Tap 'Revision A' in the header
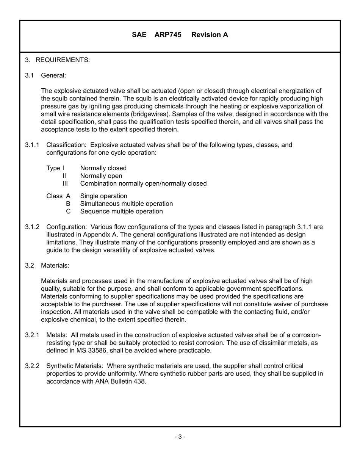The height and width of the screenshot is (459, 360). (210, 35)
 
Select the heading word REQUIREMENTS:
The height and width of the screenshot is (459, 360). (63, 60)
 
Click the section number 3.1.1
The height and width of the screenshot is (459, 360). (32, 145)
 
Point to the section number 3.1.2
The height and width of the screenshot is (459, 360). (32, 227)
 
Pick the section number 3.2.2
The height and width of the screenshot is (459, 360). (32, 366)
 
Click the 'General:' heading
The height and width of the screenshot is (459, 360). (53, 75)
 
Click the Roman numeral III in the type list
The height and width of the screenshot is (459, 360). (65, 183)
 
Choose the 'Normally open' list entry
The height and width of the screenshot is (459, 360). (101, 176)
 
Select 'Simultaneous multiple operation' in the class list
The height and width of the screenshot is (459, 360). (126, 204)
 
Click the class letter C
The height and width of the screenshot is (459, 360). (68, 211)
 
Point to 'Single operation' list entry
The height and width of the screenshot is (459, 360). (103, 196)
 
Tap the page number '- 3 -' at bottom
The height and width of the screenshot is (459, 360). (180, 437)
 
